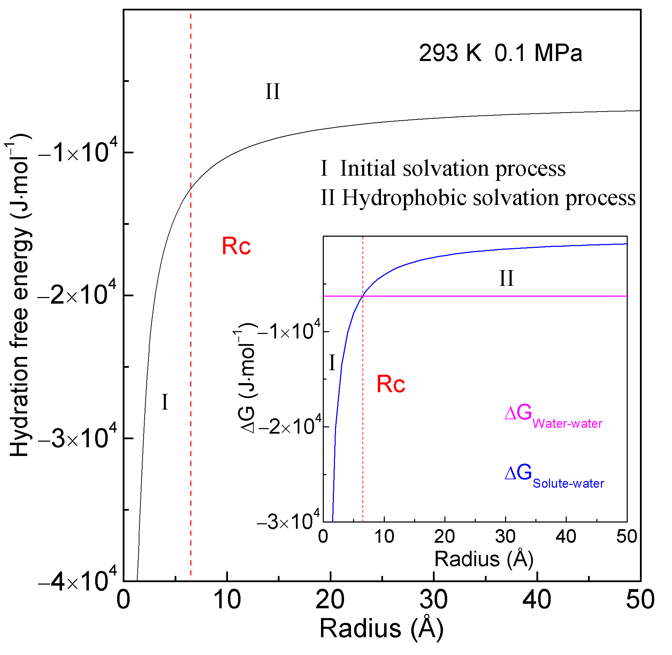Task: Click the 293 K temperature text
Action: [x=450, y=53]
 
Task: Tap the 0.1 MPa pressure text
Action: [x=538, y=53]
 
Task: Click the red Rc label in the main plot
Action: [x=236, y=246]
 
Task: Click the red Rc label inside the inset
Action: [x=391, y=384]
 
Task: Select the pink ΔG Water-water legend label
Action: [x=553, y=417]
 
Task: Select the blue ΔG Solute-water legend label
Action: [x=554, y=477]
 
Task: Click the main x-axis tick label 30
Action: [x=433, y=600]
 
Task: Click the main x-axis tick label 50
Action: [x=640, y=600]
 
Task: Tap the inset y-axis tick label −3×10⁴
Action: [x=288, y=521]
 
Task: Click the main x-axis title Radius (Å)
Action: [x=381, y=629]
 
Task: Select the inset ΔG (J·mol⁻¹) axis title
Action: [x=246, y=378]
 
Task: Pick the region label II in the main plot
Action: [x=272, y=92]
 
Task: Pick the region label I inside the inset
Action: [x=332, y=362]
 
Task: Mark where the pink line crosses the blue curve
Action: [x=362, y=296]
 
